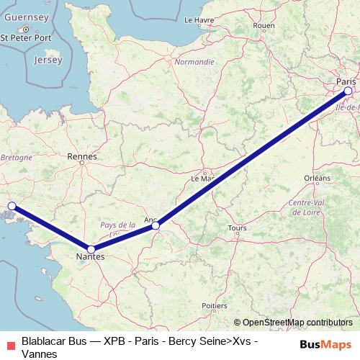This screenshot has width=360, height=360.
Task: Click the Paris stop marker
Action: (x=348, y=91)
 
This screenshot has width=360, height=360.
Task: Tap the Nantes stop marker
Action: (x=91, y=248)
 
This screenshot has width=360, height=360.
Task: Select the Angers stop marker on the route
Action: (x=156, y=226)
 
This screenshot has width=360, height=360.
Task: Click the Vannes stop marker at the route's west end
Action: (x=11, y=206)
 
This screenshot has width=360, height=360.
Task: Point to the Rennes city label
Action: (x=81, y=155)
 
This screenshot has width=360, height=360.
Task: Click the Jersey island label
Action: (x=48, y=60)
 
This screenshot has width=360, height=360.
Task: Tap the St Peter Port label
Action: (x=27, y=37)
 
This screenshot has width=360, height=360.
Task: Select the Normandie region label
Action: (x=194, y=62)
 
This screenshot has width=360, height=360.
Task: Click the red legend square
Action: (x=9, y=343)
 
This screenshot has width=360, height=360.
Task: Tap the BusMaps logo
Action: (x=325, y=343)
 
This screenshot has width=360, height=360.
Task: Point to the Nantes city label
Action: (x=91, y=256)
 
